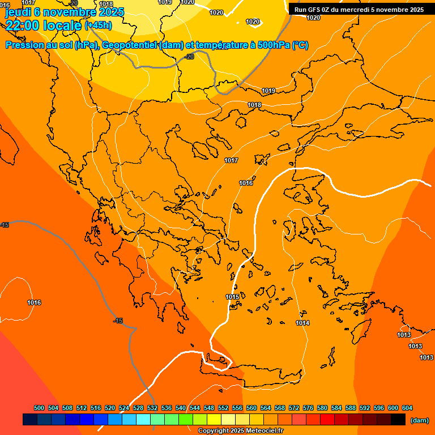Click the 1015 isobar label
point(232,297)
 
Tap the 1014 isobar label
point(302,323)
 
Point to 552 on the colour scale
point(223,408)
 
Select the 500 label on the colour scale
point(39,408)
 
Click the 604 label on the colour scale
point(407,408)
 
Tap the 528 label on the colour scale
point(138,408)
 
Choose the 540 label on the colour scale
point(181,408)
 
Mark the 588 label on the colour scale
point(351,408)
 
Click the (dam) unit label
point(419,420)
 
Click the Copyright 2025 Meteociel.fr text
point(240,431)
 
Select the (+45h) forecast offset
point(98,25)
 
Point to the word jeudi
point(18,11)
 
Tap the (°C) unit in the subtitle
point(300,45)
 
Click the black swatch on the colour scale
point(398,420)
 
